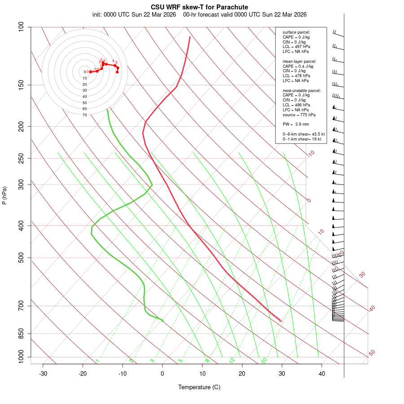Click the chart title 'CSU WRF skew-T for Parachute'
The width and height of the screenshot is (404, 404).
pos(199,7)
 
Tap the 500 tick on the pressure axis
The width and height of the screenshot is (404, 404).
pos(22,258)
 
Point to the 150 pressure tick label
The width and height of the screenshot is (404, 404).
pos(22,85)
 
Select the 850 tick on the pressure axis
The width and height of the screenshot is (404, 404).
pos(22,334)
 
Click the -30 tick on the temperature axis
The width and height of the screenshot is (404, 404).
pos(43,373)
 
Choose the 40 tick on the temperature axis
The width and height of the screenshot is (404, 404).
pos(322,373)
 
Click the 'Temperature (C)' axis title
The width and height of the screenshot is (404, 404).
pos(199,387)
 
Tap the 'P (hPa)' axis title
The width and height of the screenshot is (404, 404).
pos(5,196)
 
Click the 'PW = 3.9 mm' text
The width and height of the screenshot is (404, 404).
pos(296,124)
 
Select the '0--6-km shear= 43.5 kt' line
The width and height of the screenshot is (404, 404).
pos(303,134)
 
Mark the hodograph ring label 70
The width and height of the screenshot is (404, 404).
pos(84,115)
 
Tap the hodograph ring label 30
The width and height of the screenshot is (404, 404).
pos(84,90)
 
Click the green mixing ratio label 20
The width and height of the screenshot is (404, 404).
pos(264,360)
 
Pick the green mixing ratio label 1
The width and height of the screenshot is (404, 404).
pos(97,361)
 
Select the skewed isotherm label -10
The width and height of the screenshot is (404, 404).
pos(311,154)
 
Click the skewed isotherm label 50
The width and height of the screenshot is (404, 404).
pos(372,353)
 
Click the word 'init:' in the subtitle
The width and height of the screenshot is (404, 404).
pos(97,14)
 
